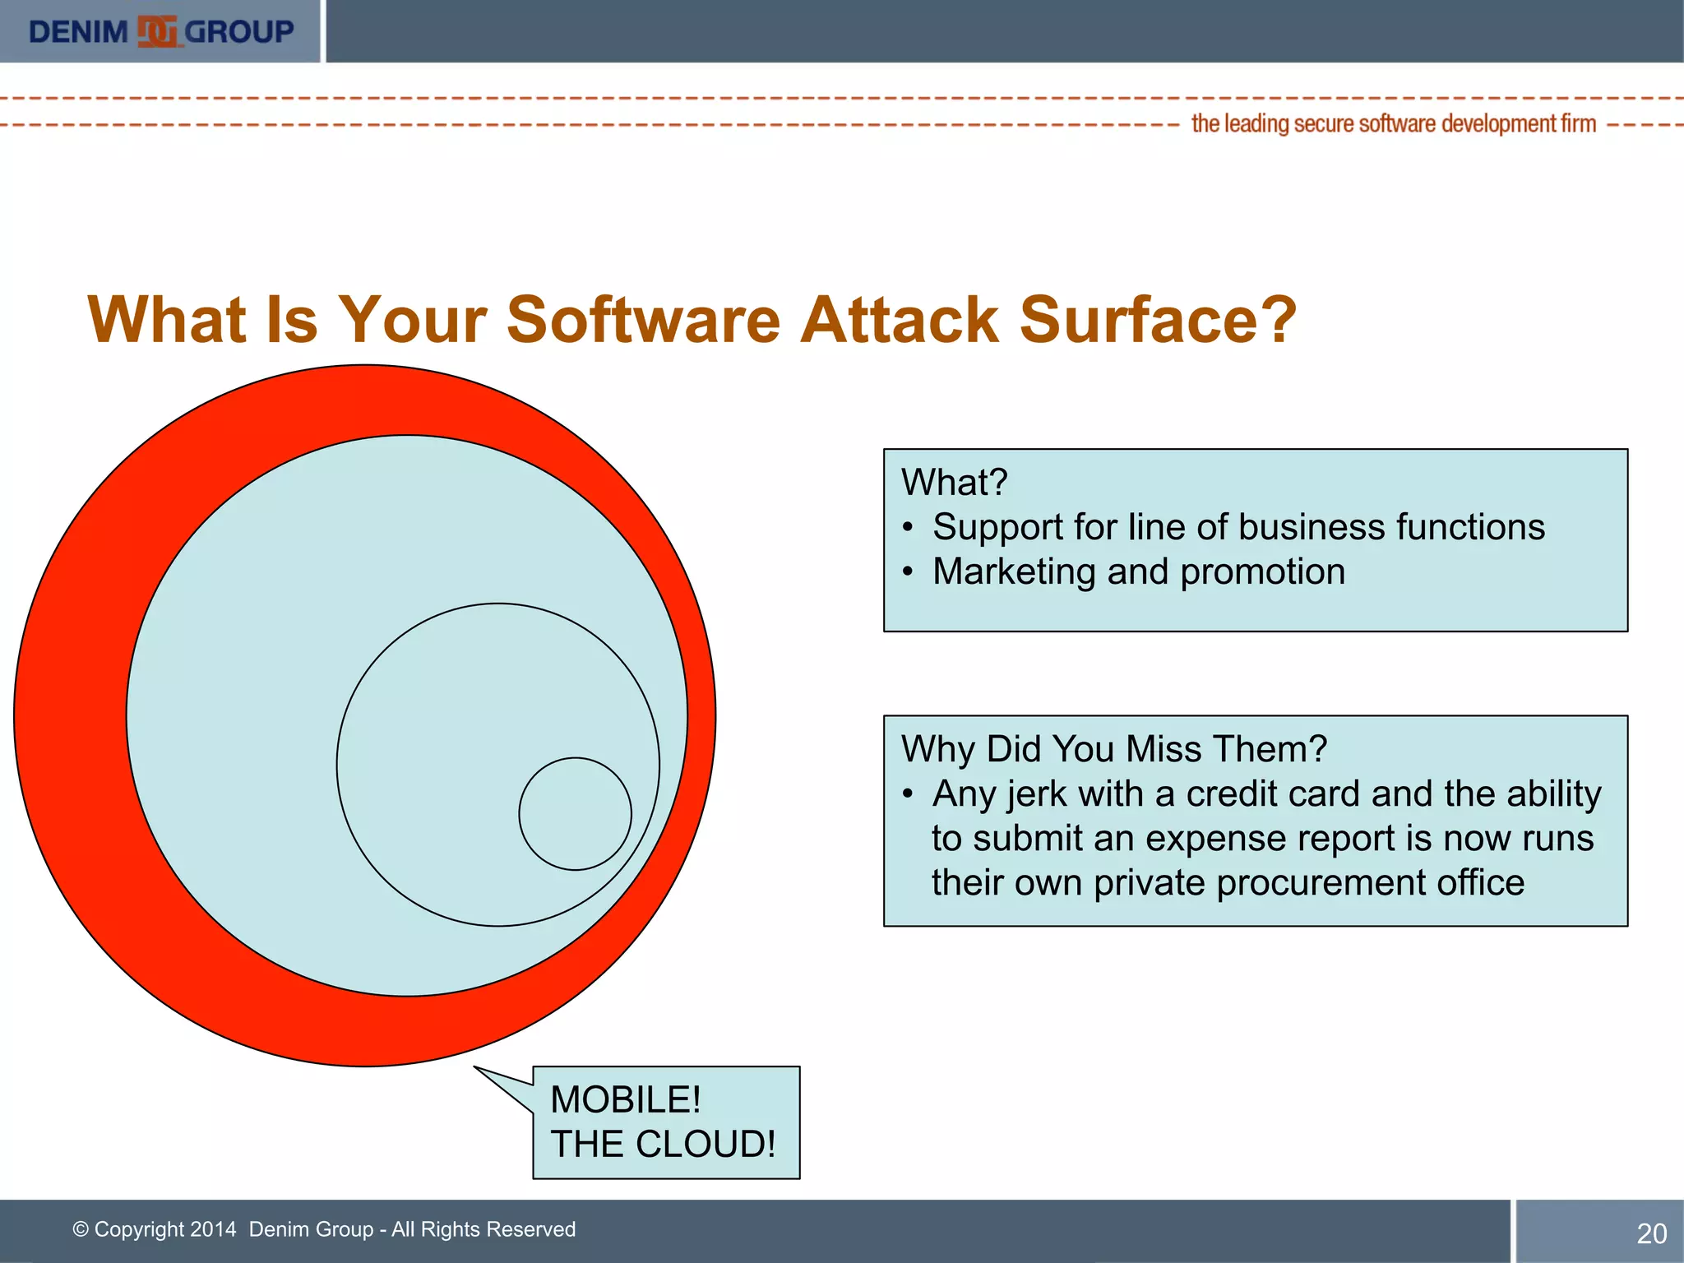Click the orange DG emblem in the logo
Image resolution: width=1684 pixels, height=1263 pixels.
[157, 32]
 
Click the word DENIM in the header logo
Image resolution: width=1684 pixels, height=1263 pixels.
[78, 32]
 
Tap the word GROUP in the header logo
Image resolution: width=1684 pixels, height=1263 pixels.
[239, 32]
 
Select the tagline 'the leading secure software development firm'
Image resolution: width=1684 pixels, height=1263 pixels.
[1393, 124]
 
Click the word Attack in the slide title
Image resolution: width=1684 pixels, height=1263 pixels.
[900, 320]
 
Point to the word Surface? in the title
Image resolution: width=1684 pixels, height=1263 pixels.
[1158, 320]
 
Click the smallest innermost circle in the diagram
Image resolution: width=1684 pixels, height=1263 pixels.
[575, 813]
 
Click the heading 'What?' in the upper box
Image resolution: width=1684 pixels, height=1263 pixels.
[954, 483]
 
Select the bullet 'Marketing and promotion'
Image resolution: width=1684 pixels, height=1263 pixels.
[1139, 571]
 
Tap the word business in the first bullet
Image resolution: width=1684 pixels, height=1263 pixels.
[1307, 527]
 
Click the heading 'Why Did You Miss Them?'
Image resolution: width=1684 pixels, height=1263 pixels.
[1114, 749]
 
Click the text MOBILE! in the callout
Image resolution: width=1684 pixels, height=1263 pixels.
[625, 1100]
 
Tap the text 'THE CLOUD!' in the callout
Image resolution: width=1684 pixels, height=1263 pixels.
[663, 1145]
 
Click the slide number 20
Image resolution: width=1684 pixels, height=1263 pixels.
[1651, 1233]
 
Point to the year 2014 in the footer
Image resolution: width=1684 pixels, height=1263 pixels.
[212, 1229]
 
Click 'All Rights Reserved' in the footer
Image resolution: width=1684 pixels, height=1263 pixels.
[483, 1229]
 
